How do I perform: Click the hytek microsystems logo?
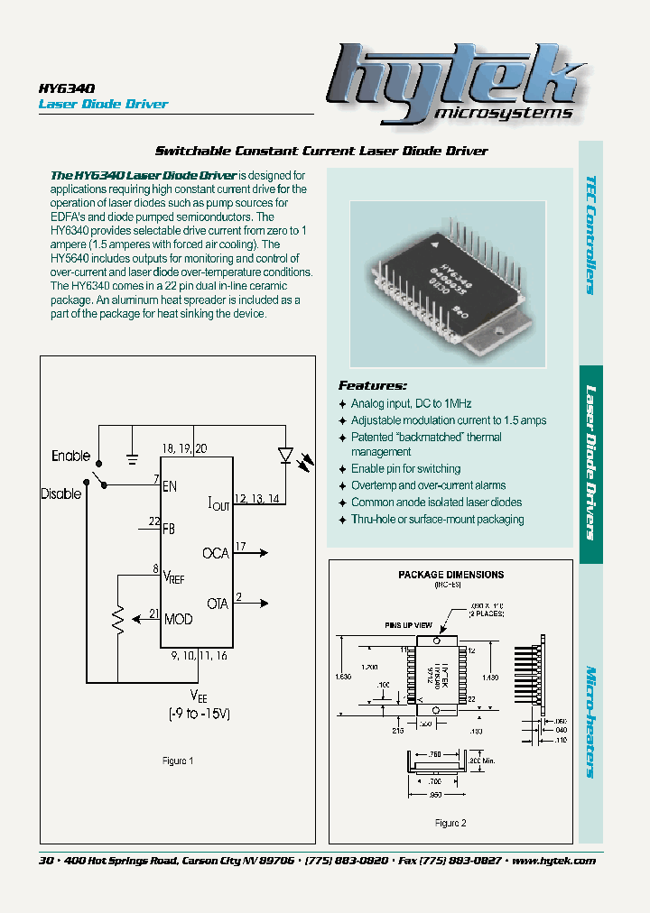451,84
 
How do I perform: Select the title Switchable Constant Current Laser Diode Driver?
321,151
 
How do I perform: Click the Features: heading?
372,385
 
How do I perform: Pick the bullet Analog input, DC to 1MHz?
411,403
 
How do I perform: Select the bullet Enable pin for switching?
405,469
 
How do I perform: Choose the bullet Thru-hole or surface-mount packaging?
437,519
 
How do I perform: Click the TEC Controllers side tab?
590,235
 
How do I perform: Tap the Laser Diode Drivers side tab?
590,463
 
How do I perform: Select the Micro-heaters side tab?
590,722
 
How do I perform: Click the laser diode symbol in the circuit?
286,456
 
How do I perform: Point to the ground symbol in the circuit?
132,458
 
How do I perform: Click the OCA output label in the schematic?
215,552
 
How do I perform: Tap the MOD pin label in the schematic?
178,619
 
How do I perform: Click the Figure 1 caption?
178,761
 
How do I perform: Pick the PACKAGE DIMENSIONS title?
450,575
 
